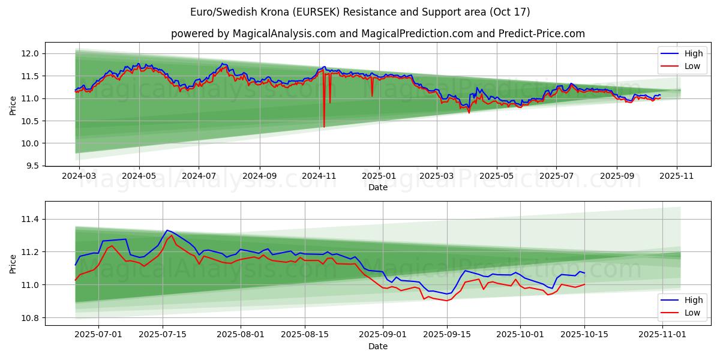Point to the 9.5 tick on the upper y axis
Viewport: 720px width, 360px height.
[34, 166]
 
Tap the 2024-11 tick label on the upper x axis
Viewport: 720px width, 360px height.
[319, 176]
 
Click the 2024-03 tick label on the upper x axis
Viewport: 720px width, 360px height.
[79, 176]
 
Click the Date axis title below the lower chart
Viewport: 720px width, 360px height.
[378, 346]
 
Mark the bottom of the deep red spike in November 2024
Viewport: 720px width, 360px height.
[324, 127]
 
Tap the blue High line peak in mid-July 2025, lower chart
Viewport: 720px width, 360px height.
[167, 230]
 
